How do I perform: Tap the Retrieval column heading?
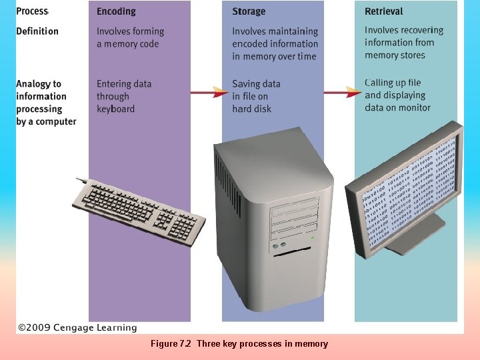(384, 11)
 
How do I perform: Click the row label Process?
(32, 11)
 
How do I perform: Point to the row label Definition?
(37, 31)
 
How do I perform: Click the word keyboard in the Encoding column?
(115, 109)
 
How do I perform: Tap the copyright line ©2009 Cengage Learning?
(77, 328)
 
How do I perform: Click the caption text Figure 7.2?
(171, 344)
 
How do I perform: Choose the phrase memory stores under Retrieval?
(395, 55)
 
